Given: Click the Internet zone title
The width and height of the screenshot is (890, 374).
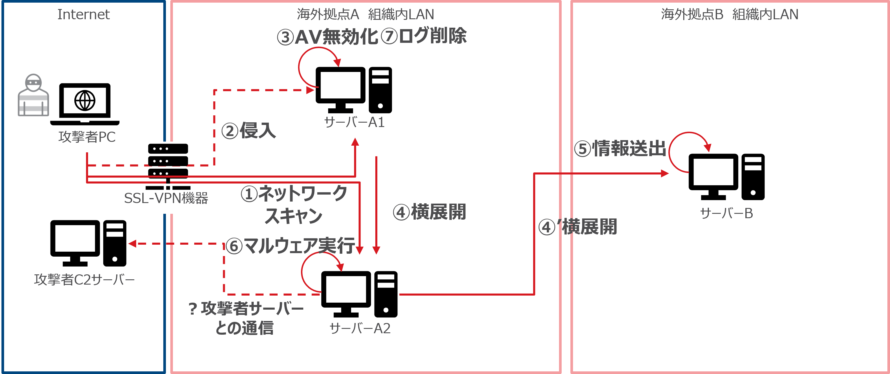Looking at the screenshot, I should (83, 15).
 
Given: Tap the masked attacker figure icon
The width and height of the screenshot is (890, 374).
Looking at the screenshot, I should (33, 95).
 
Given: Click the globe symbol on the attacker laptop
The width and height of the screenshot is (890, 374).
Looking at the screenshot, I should (85, 101).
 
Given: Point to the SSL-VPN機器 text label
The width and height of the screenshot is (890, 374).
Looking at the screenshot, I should (166, 198).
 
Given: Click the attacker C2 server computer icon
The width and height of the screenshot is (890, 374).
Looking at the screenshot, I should (88, 243).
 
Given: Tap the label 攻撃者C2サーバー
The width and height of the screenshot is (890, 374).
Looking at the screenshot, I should (84, 279).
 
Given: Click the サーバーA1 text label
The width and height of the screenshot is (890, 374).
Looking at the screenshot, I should (354, 122).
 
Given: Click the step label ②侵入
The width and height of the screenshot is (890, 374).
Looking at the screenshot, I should (248, 131).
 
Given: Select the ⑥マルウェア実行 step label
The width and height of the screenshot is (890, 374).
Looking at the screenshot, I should (290, 246).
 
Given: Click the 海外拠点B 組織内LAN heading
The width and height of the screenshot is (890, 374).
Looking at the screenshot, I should (729, 15).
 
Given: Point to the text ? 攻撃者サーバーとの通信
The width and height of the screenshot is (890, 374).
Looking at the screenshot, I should (246, 318).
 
